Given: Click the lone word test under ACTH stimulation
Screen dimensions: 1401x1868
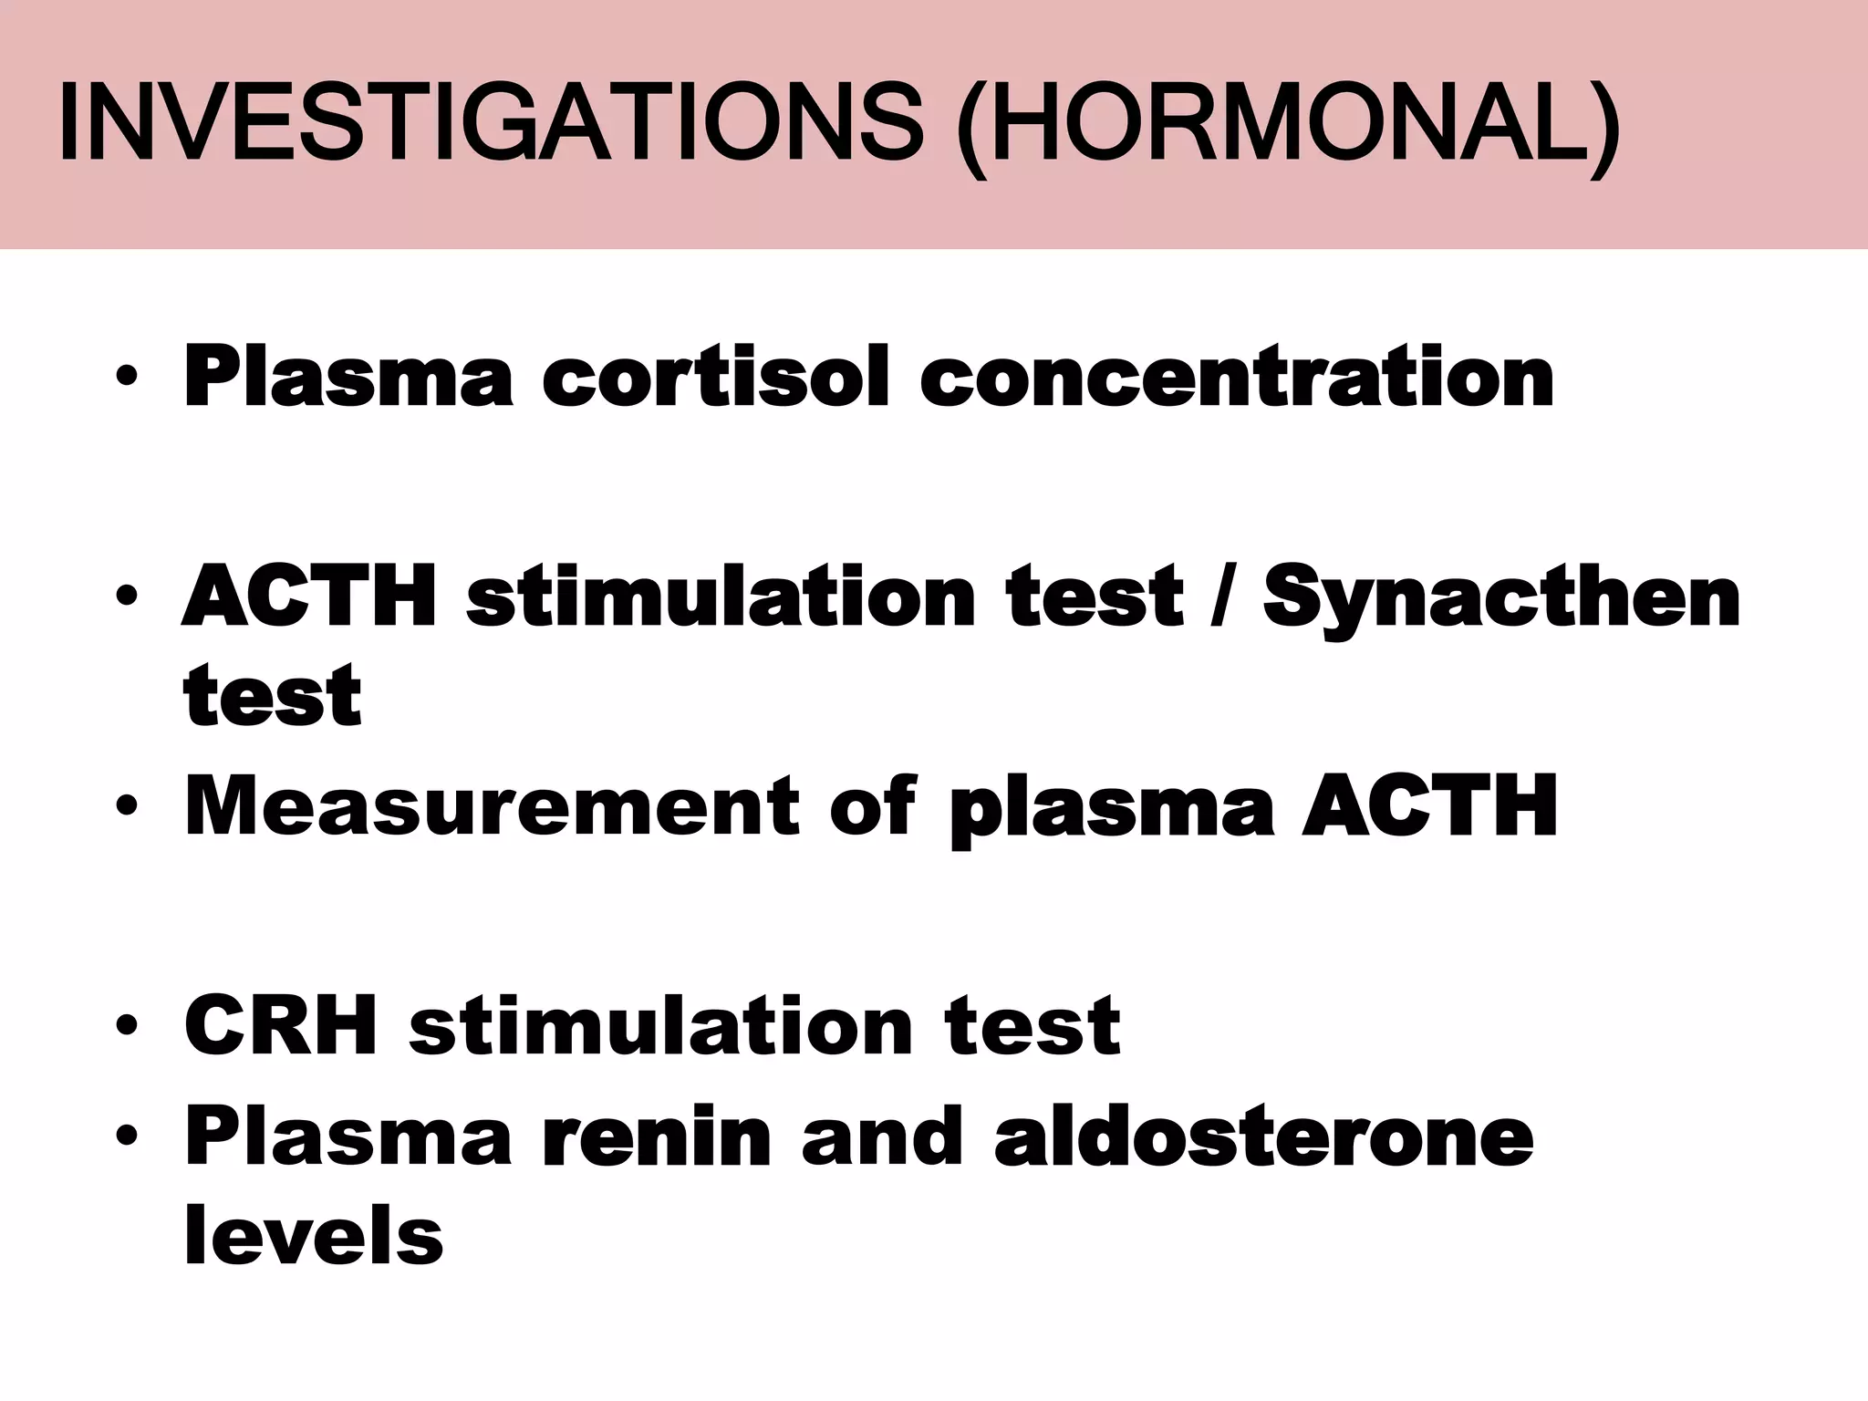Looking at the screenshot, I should pos(272,697).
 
